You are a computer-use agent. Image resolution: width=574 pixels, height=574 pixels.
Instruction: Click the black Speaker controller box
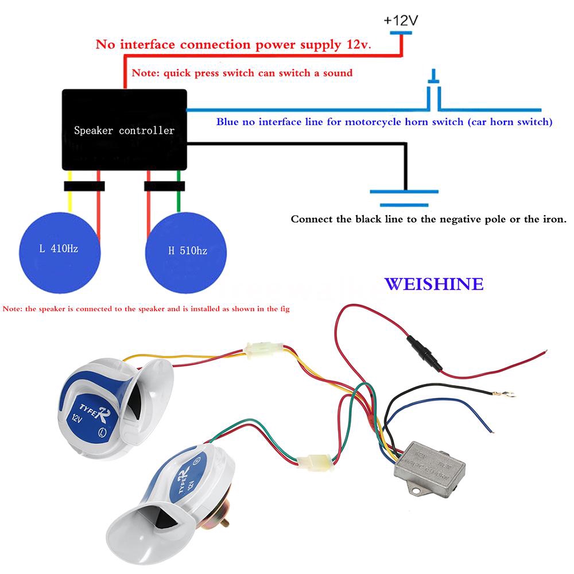124,129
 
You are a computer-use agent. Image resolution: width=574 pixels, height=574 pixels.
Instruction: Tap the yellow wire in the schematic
69,198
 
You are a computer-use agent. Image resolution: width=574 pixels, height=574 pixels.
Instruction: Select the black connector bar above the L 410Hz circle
84,185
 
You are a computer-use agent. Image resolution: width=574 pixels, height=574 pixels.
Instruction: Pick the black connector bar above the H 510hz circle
164,185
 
